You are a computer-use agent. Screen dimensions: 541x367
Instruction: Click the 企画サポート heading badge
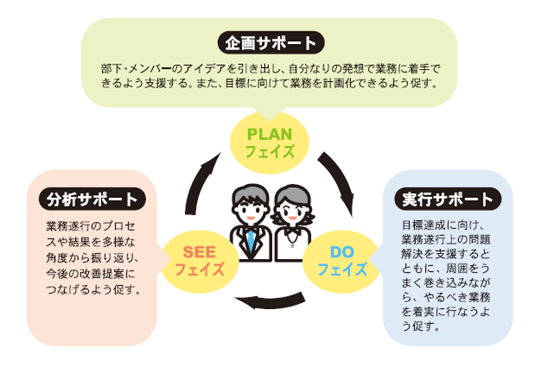(270, 42)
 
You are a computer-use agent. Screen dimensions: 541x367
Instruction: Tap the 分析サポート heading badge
(93, 199)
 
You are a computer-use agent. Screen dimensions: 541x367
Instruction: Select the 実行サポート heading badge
(447, 199)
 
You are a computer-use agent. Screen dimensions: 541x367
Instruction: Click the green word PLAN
(270, 134)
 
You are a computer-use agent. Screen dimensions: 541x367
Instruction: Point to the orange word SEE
(199, 252)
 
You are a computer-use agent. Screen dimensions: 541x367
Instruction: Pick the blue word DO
(342, 252)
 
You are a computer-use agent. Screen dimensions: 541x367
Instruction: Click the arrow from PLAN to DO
(339, 179)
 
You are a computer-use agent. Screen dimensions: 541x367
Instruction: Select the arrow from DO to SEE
(270, 301)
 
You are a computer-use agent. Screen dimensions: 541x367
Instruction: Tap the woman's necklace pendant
(293, 244)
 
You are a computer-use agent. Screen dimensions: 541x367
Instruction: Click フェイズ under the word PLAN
(270, 151)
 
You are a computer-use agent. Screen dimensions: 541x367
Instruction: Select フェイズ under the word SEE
(199, 269)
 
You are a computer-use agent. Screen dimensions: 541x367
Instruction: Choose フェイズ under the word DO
(342, 269)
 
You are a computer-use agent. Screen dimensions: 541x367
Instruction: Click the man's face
(250, 211)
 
